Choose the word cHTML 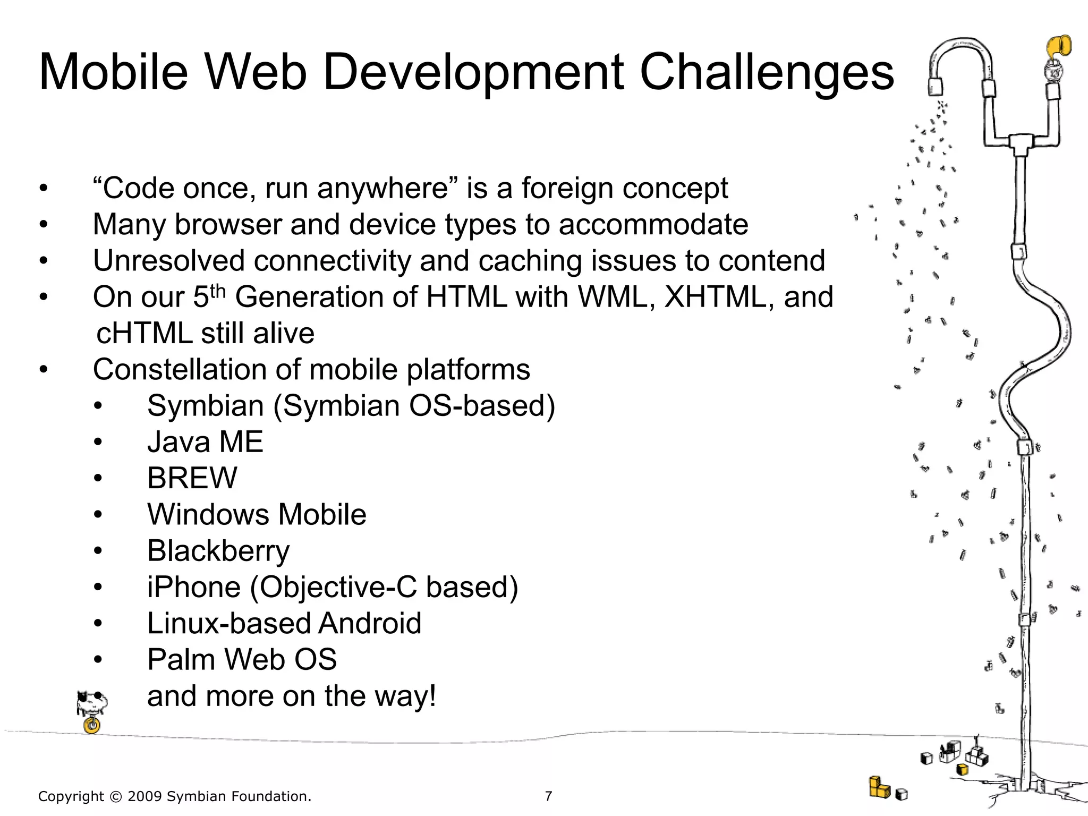(x=144, y=334)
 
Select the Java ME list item (x=205, y=442)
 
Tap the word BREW (x=192, y=478)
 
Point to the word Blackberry (x=218, y=551)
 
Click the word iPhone (x=194, y=587)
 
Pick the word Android (x=370, y=623)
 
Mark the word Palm (x=180, y=660)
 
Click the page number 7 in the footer (x=548, y=796)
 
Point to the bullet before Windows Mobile (x=98, y=514)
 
